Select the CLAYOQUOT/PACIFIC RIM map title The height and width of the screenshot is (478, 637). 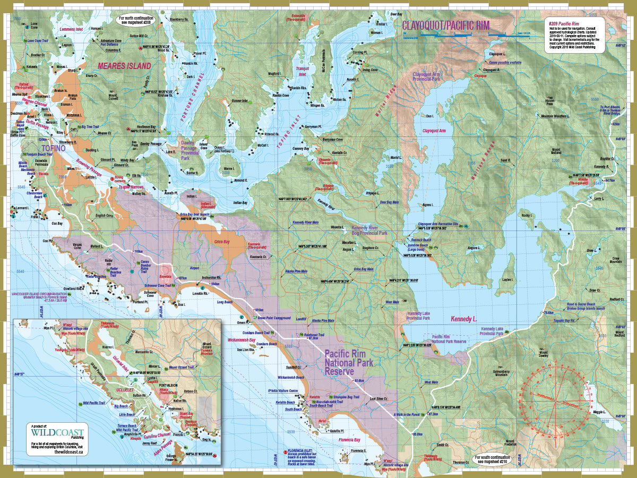click(445, 25)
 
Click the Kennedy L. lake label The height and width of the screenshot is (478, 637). click(464, 319)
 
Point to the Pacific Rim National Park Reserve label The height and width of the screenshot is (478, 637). click(348, 362)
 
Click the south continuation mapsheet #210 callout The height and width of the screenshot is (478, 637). click(490, 458)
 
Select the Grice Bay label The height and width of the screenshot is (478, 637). click(222, 242)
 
